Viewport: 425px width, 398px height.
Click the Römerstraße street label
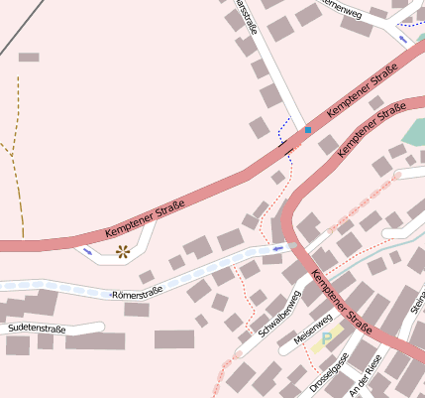[x=137, y=294]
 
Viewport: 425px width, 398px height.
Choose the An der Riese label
[x=366, y=376]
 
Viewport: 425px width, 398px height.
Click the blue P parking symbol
[x=326, y=339]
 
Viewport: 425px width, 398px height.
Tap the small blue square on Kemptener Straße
[x=307, y=130]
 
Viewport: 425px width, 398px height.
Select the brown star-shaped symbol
[x=123, y=251]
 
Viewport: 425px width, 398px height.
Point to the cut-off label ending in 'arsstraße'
[x=245, y=18]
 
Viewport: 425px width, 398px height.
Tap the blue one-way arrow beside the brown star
[x=89, y=250]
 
